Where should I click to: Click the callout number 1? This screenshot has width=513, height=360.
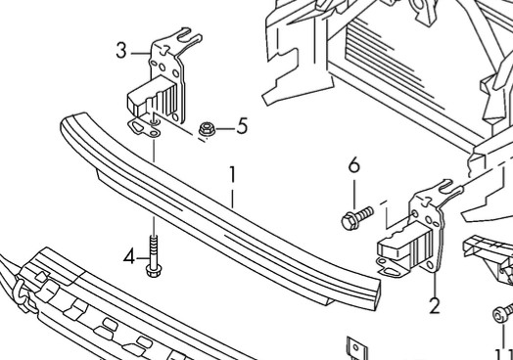click(x=232, y=174)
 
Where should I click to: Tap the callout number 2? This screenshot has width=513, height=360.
click(x=435, y=306)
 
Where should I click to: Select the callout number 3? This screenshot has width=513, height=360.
click(x=121, y=51)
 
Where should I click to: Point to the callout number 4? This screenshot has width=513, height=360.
click(x=129, y=256)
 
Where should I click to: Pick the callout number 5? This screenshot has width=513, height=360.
click(x=242, y=126)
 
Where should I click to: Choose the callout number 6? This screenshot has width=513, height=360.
click(x=354, y=164)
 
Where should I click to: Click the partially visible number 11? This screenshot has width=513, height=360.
click(x=504, y=355)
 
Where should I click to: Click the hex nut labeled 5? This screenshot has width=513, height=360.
click(x=207, y=129)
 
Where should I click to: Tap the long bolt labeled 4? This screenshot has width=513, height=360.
click(x=154, y=256)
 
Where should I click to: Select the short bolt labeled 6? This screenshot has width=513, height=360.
click(x=356, y=218)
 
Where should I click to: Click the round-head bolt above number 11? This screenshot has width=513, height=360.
click(x=503, y=313)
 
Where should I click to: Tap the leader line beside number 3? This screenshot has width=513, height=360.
click(x=141, y=53)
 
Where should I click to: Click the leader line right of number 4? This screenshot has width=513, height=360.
click(x=143, y=258)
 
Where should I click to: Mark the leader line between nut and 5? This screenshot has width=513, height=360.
click(x=225, y=129)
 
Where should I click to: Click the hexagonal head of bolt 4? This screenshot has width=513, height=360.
click(x=154, y=271)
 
